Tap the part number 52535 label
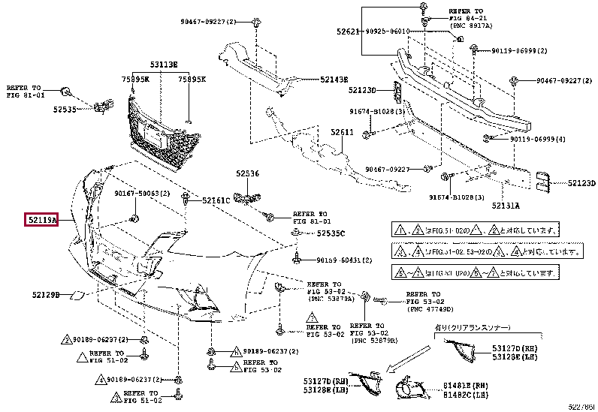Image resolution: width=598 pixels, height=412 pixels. click(x=65, y=110)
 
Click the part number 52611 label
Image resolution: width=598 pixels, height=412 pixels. click(x=342, y=132)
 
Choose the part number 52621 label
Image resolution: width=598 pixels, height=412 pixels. click(x=347, y=32)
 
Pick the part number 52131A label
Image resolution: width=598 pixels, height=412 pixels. click(x=506, y=203)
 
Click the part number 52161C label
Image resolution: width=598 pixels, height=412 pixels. click(x=216, y=200)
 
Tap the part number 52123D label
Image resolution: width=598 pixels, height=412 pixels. click(x=581, y=182)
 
